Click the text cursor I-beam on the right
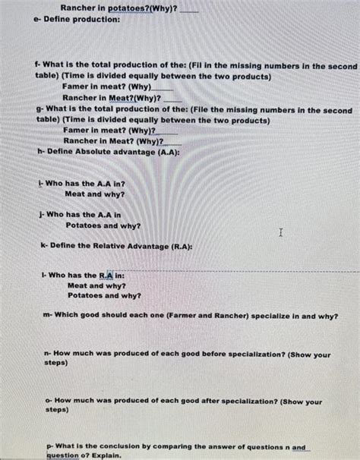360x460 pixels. (x=281, y=233)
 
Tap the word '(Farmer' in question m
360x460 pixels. (x=168, y=316)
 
